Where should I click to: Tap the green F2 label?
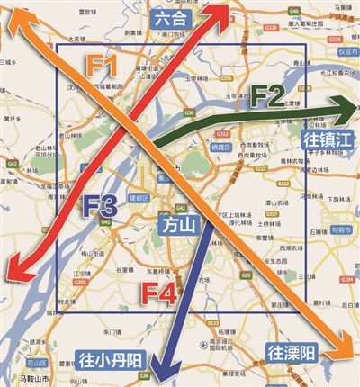[267, 93]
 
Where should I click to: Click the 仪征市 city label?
[342, 52]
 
